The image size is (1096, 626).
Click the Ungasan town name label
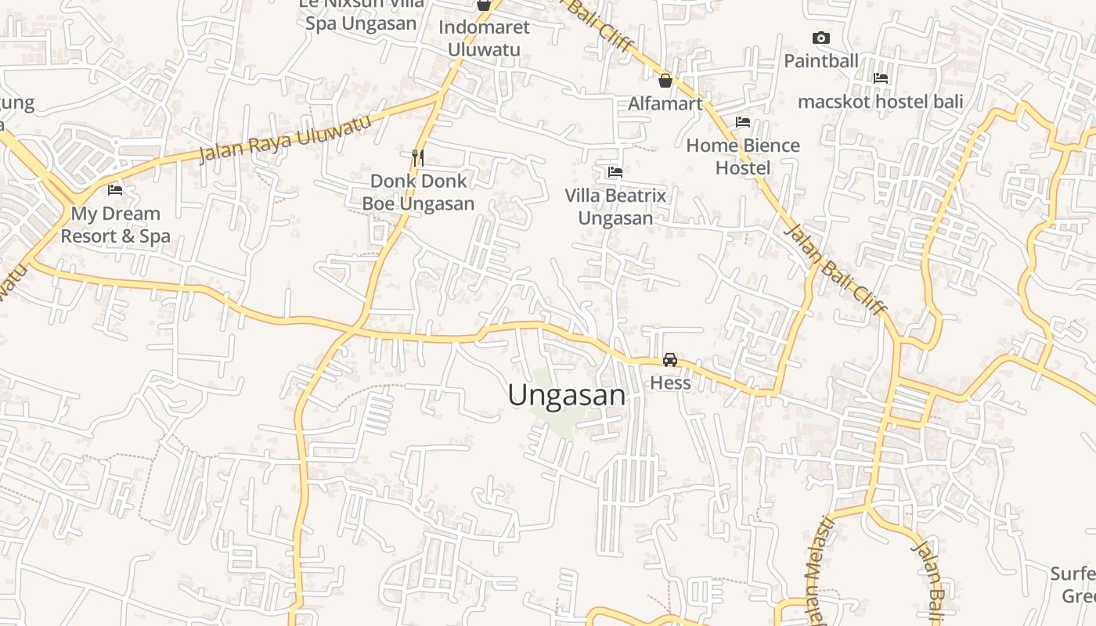(x=567, y=395)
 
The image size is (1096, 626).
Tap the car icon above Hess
(x=670, y=360)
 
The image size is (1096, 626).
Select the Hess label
(x=671, y=383)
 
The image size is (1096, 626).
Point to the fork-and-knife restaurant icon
(x=418, y=158)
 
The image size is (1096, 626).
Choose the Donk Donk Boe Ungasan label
(x=418, y=192)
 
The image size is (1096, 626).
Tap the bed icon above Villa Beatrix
(x=615, y=172)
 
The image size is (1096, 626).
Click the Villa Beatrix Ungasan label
(x=615, y=207)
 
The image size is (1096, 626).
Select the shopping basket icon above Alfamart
(x=665, y=81)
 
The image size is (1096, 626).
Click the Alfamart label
(x=665, y=103)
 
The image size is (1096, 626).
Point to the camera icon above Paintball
(x=821, y=38)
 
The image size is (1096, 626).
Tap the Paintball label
(x=821, y=60)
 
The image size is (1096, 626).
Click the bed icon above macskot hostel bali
(x=881, y=78)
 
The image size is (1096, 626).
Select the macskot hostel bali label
(x=881, y=102)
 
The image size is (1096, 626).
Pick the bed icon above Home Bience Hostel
(x=743, y=122)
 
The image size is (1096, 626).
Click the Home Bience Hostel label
(x=743, y=156)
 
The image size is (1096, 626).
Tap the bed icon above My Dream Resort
(x=115, y=190)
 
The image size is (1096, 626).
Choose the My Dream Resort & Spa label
(x=115, y=225)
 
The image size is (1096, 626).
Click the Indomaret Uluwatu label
(x=484, y=38)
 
